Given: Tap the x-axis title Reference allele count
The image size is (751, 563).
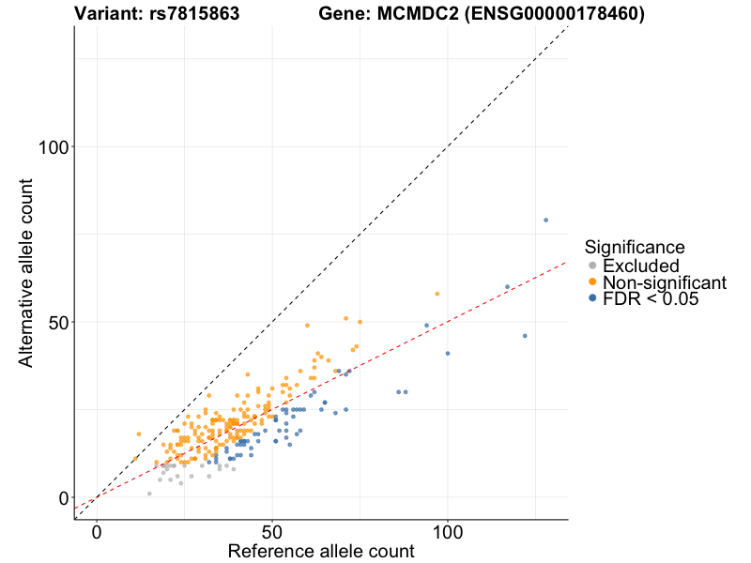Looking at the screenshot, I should click(x=321, y=551).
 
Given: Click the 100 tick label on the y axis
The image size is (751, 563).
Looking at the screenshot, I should click(x=55, y=147).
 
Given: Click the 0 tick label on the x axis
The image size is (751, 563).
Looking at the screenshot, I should click(x=97, y=531).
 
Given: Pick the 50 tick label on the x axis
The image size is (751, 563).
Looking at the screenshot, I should click(x=272, y=531).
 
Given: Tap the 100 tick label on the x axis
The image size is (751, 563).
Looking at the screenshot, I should click(x=448, y=531).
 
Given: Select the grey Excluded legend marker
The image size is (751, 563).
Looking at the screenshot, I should click(x=592, y=266).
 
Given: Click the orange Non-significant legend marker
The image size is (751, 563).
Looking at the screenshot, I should click(x=592, y=282).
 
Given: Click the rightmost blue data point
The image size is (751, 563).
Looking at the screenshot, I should click(x=545, y=221).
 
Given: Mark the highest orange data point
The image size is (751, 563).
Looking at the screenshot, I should click(x=437, y=294).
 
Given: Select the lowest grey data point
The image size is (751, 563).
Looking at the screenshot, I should click(x=149, y=494).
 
